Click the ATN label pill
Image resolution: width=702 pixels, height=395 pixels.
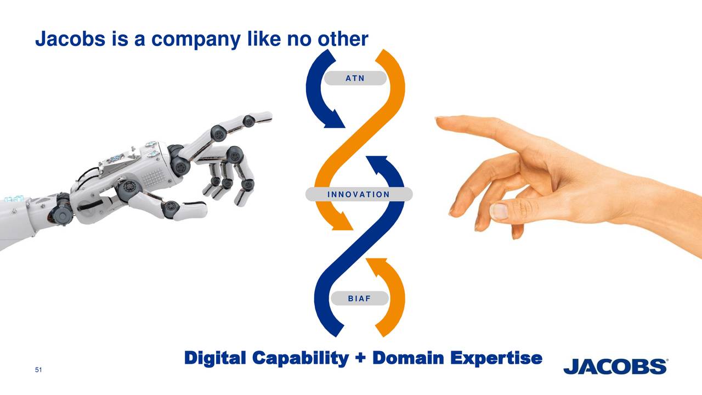[355, 78]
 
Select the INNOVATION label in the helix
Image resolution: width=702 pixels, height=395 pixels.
[358, 194]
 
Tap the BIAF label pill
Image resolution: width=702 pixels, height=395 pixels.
[359, 298]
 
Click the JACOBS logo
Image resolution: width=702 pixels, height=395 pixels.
[616, 366]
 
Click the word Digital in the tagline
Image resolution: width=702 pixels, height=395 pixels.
[215, 358]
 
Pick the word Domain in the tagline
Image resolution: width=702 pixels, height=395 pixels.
[409, 358]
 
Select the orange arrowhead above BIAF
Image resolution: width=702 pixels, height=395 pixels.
[376, 266]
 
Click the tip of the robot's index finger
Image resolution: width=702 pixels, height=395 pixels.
[267, 116]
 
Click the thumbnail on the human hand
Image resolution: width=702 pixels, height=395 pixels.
[499, 212]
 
